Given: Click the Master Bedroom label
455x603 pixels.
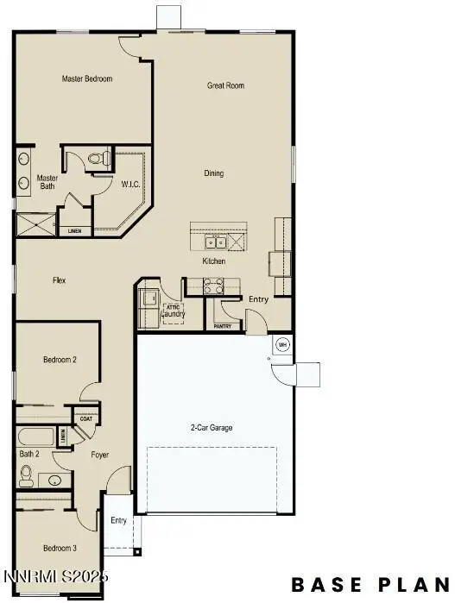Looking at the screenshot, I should (87, 79).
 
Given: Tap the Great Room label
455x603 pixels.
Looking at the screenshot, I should (226, 85).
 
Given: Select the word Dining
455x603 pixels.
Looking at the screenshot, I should (213, 173).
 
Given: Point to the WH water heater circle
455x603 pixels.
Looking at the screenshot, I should (281, 345).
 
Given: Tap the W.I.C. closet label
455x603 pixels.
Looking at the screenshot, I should (131, 184).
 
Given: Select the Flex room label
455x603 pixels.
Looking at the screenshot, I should (60, 280).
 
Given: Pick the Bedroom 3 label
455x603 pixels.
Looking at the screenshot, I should (60, 548).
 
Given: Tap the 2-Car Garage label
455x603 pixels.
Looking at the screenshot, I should (212, 428).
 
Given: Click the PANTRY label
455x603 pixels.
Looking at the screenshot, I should (223, 327).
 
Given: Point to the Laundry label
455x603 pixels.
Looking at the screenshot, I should (173, 314).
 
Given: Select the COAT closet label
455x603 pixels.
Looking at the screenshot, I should (85, 419).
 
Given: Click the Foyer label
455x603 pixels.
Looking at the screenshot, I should (99, 454).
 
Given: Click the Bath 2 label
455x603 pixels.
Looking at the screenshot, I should (29, 454).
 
